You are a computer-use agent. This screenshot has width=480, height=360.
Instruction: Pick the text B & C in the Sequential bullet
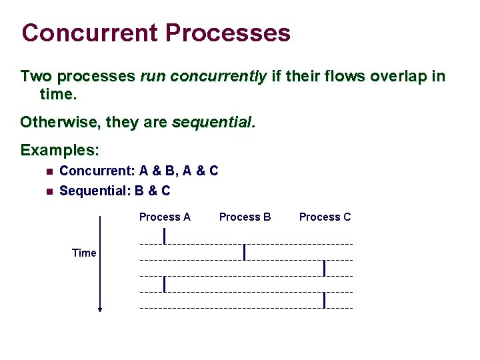[153, 191]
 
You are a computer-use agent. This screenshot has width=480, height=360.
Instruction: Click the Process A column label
[165, 217]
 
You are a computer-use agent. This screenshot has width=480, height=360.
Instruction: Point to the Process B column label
[245, 217]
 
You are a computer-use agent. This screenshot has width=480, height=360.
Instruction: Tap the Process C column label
[325, 217]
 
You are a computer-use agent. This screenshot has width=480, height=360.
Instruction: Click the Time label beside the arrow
[84, 253]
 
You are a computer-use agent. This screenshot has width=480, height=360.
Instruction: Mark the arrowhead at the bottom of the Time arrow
[100, 309]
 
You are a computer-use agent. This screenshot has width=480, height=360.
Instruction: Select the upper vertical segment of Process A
[165, 235]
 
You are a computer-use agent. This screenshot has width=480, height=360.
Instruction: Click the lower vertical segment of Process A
[165, 283]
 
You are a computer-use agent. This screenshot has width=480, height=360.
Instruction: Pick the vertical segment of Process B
[245, 252]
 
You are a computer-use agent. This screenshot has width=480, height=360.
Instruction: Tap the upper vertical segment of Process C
[324, 268]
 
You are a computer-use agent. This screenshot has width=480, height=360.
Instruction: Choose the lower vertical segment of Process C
[324, 300]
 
